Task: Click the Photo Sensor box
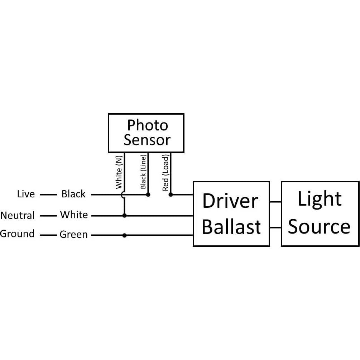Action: point(146,133)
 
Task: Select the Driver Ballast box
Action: point(231,214)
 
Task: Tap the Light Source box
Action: point(320,214)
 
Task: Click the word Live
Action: point(26,194)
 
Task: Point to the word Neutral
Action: point(18,216)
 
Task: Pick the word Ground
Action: point(17,234)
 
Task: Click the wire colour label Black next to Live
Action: point(73,194)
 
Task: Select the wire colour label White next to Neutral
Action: point(74,215)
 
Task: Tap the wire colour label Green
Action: point(73,235)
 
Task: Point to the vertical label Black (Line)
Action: point(143,172)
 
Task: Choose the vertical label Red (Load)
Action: point(165,173)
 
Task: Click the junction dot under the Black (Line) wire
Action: point(148,195)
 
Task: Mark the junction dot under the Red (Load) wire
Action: point(171,195)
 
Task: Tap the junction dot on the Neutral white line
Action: point(124,216)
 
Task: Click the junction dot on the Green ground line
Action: point(124,235)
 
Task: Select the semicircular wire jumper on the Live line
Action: point(122,195)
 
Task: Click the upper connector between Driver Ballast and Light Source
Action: point(275,202)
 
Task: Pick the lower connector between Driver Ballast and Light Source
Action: point(275,227)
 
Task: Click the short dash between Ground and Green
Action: point(48,235)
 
